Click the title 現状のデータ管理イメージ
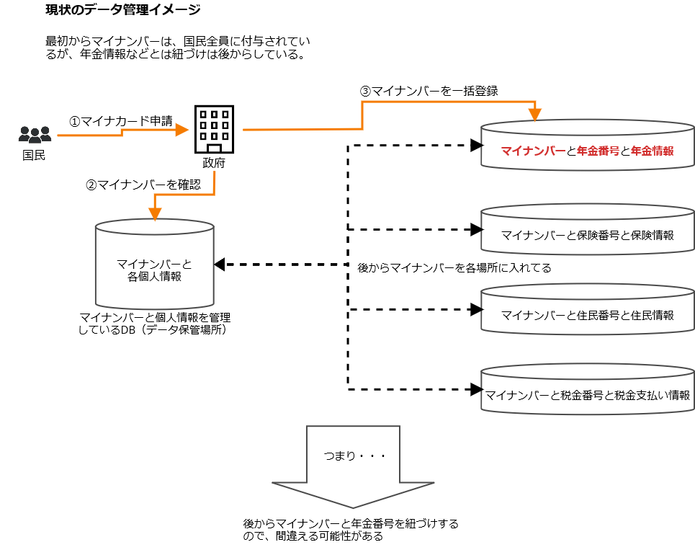point(122,10)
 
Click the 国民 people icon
point(35,134)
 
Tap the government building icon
point(214,129)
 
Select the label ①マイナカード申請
point(120,121)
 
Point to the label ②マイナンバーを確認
point(143,185)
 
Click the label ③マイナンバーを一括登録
point(429,92)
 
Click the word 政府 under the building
point(214,163)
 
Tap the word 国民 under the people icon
point(34,154)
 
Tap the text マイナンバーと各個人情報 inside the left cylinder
point(154,270)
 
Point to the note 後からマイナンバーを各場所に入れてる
point(454,268)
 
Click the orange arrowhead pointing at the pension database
point(534,114)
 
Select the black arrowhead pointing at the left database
point(220,265)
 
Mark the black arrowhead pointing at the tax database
point(475,390)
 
